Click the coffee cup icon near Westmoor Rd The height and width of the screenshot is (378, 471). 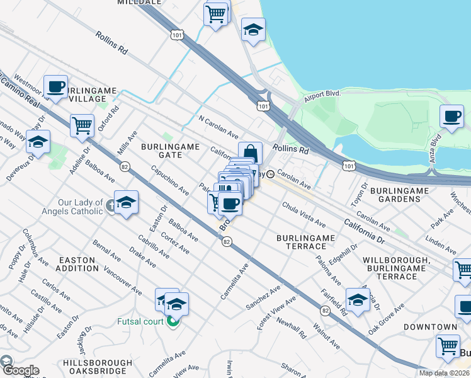pyautogui.click(x=56, y=86)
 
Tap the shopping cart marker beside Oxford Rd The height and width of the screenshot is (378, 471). pyautogui.click(x=82, y=125)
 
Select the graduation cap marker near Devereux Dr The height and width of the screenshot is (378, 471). pyautogui.click(x=38, y=142)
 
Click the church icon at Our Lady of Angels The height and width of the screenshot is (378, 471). pyautogui.click(x=111, y=206)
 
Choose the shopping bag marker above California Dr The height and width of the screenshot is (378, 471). pyautogui.click(x=250, y=153)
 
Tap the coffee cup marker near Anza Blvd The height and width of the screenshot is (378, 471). pyautogui.click(x=452, y=117)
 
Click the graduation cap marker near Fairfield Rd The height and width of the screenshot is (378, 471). pyautogui.click(x=358, y=301)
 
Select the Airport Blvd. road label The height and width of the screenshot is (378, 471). pyautogui.click(x=322, y=94)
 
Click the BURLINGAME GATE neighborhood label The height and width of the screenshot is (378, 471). pyautogui.click(x=170, y=151)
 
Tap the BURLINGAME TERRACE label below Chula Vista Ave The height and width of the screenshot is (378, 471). pyautogui.click(x=306, y=242)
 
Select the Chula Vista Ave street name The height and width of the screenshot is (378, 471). pyautogui.click(x=304, y=215)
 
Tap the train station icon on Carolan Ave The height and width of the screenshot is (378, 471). pyautogui.click(x=270, y=175)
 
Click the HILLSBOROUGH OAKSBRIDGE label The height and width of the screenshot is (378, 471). pyautogui.click(x=98, y=367)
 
